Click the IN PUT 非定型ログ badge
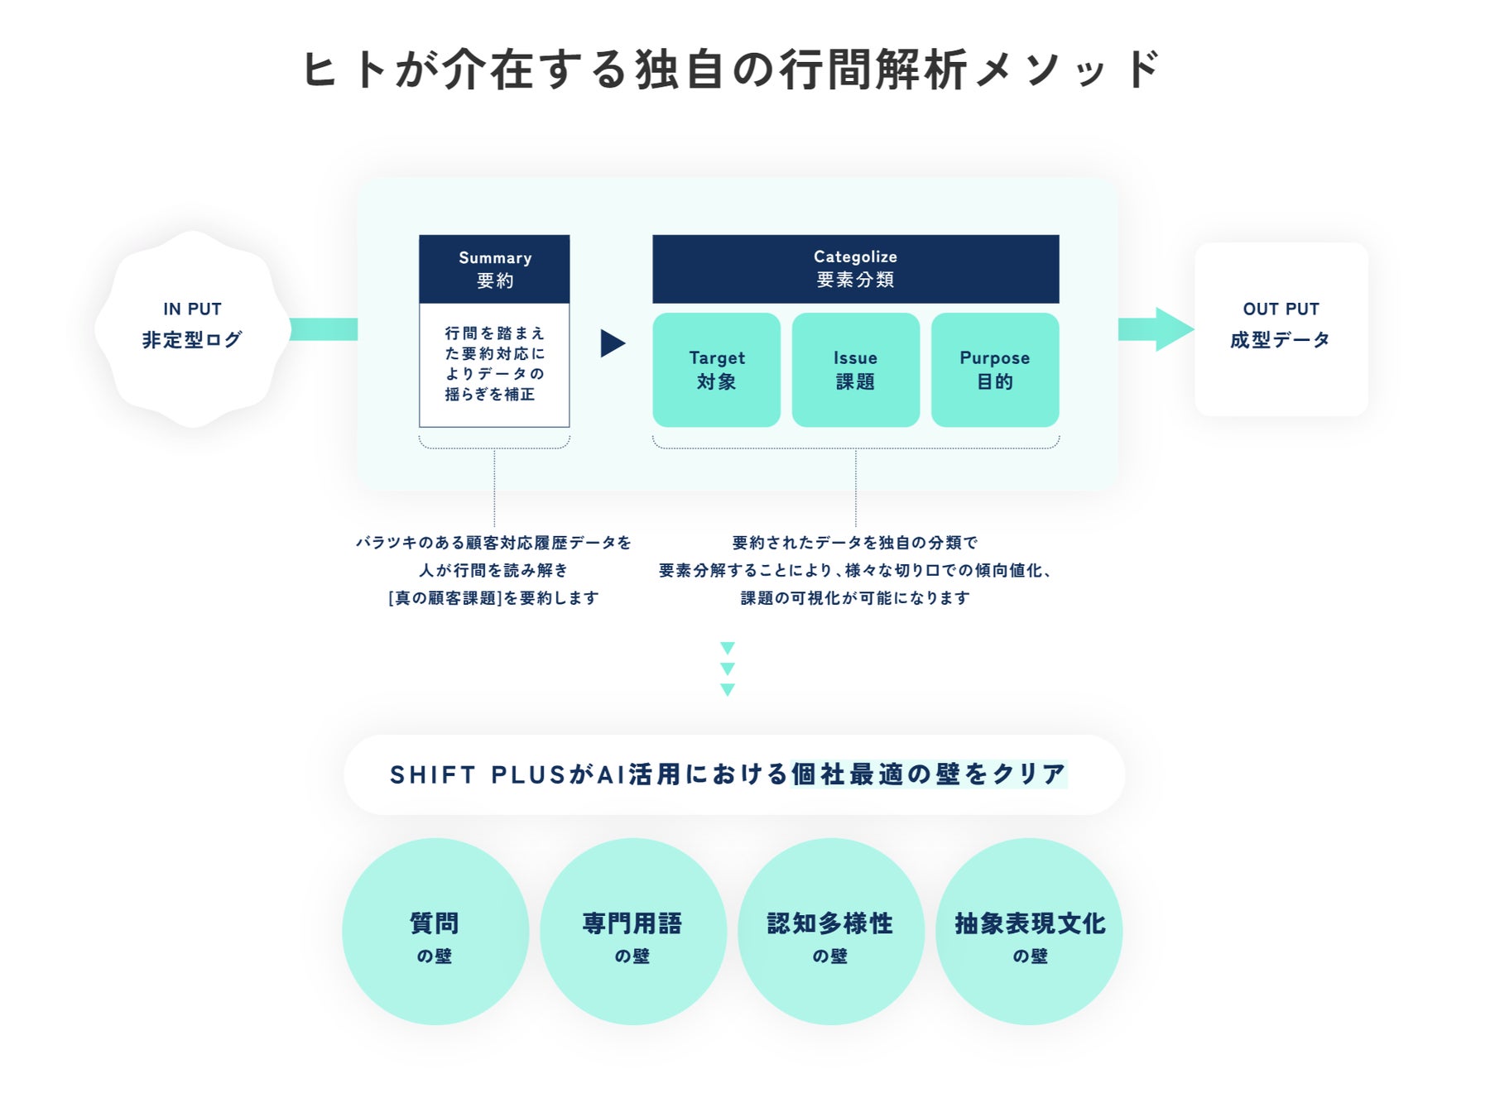coord(192,328)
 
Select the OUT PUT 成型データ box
coord(1281,328)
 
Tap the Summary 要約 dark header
coord(494,269)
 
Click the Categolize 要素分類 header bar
coord(855,269)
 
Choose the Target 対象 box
coord(716,370)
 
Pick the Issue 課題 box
coord(855,370)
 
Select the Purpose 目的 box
coord(994,370)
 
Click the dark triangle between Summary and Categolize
coord(612,343)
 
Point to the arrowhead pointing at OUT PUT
coord(1173,329)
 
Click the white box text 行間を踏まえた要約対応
coord(494,364)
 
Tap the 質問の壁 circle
coord(435,932)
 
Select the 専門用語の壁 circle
coord(632,932)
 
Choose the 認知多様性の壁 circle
coord(830,932)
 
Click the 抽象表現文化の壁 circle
coord(1029,932)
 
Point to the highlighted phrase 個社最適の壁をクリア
coord(928,774)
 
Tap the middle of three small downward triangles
coord(728,669)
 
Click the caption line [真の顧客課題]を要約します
coord(493,597)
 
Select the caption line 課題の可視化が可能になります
coord(855,597)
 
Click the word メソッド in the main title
coord(1068,70)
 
